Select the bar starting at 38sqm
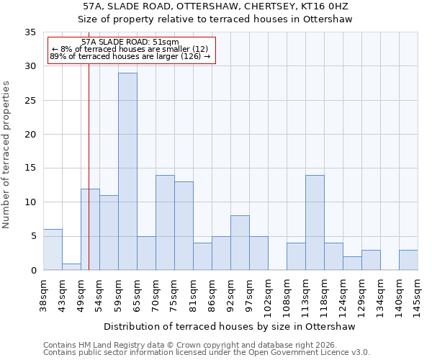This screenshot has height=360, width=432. pos(53,249)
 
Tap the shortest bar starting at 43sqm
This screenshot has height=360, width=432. pos(71,266)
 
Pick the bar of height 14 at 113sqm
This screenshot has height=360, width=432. pos(315,222)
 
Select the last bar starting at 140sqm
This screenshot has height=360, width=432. pos(408,260)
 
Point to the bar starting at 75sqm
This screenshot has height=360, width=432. pos(184,226)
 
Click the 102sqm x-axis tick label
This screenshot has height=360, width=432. pos(268,295)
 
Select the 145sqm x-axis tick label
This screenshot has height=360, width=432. pos(418,295)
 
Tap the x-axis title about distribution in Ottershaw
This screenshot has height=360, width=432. pos(230,326)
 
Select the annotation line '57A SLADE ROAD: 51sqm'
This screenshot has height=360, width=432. pos(130,42)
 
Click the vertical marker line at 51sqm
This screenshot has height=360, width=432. pos(89,180)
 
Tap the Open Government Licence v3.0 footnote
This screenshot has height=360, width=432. pos(207,353)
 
